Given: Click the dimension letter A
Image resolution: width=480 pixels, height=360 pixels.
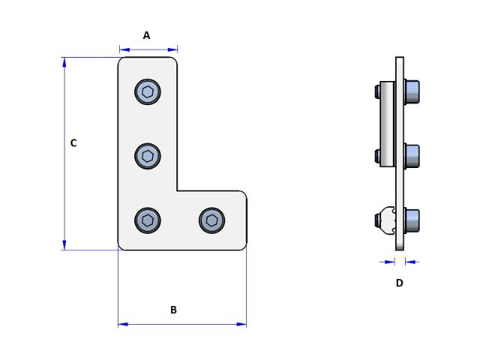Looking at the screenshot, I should (147, 35).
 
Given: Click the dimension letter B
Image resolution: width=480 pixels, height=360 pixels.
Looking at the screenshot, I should (173, 310).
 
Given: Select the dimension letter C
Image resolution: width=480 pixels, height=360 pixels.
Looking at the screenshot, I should (73, 142).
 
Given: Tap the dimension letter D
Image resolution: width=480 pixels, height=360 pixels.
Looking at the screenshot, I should (399, 283).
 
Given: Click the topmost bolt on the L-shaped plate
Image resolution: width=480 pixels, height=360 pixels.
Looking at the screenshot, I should (148, 92).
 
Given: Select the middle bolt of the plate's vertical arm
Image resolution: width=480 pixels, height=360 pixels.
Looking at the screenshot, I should (148, 156).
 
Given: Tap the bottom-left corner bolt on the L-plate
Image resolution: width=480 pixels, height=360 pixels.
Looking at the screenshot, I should (148, 220).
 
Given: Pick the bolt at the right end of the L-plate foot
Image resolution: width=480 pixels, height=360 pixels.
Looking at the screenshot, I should (211, 220).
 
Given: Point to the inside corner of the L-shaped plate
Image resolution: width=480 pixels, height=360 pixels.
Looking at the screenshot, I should (178, 191).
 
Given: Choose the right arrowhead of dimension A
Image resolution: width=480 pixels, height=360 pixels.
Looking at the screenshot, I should (173, 50).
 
